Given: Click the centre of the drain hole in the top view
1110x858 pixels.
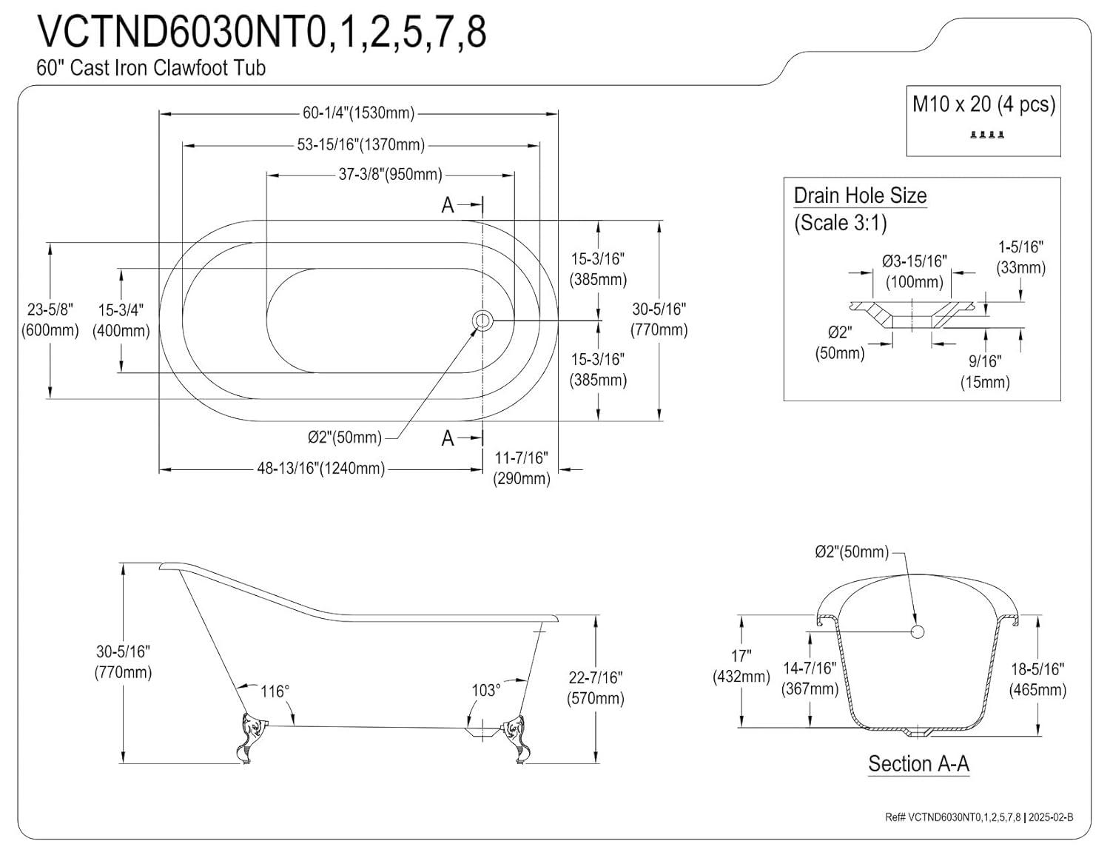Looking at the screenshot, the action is click(482, 321).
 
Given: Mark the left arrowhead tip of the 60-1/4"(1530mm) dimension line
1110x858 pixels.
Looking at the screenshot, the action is click(160, 114).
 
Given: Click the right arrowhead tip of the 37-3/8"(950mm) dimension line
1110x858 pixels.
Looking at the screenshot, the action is click(514, 175).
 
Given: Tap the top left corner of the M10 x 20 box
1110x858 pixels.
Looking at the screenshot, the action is click(906, 86).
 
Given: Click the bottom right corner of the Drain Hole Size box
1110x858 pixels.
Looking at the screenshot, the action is click(1061, 400).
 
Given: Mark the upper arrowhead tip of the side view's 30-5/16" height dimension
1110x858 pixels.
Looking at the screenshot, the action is click(123, 564).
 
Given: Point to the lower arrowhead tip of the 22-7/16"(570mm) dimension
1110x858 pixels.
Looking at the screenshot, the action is click(596, 763).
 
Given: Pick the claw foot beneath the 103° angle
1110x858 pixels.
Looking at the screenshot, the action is click(515, 738).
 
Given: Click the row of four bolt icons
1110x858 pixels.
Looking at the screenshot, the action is click(987, 135).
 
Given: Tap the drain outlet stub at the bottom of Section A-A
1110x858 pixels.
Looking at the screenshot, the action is click(918, 734).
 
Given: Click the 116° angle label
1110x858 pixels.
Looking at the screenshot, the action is click(275, 691).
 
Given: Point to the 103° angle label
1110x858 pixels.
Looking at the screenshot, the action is click(485, 691).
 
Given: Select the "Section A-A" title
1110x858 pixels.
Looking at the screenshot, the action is click(918, 764).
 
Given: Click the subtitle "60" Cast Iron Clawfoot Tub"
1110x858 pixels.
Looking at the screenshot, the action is click(151, 68).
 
